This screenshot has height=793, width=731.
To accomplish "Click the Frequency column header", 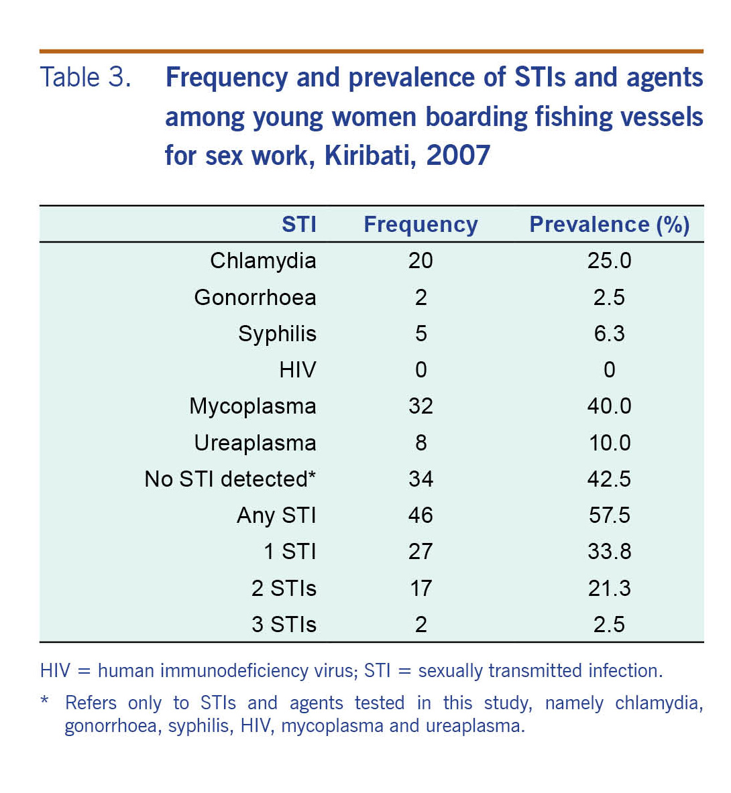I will pos(420,225).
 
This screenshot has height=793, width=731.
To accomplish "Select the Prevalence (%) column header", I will pos(609,225).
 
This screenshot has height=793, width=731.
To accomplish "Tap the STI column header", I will pos(298,225).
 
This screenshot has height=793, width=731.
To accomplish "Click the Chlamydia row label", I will pos(263,261).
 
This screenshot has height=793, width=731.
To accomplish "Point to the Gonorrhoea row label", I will pos(255,297).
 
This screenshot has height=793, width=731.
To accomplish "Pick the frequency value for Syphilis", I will pos(420,334).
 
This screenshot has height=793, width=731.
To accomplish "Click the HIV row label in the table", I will pos(297,370).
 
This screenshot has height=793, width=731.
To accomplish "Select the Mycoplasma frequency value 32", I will pos(420,406).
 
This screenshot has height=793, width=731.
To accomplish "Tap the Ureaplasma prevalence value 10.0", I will pos(609,443).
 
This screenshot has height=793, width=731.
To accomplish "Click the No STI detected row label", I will pos(230,479).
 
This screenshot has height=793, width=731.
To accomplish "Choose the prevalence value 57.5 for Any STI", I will pos(609,515).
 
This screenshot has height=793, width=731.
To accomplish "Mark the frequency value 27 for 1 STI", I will pos(420,552).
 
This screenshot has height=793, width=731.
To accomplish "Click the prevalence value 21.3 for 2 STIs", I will pos(609,589).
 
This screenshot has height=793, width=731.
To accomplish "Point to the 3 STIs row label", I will pos(284,625).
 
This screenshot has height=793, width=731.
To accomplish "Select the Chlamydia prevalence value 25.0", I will pos(609,261).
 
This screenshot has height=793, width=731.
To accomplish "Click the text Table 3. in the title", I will pos(85,78).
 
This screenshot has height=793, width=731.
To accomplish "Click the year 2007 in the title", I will pos(458,156).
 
